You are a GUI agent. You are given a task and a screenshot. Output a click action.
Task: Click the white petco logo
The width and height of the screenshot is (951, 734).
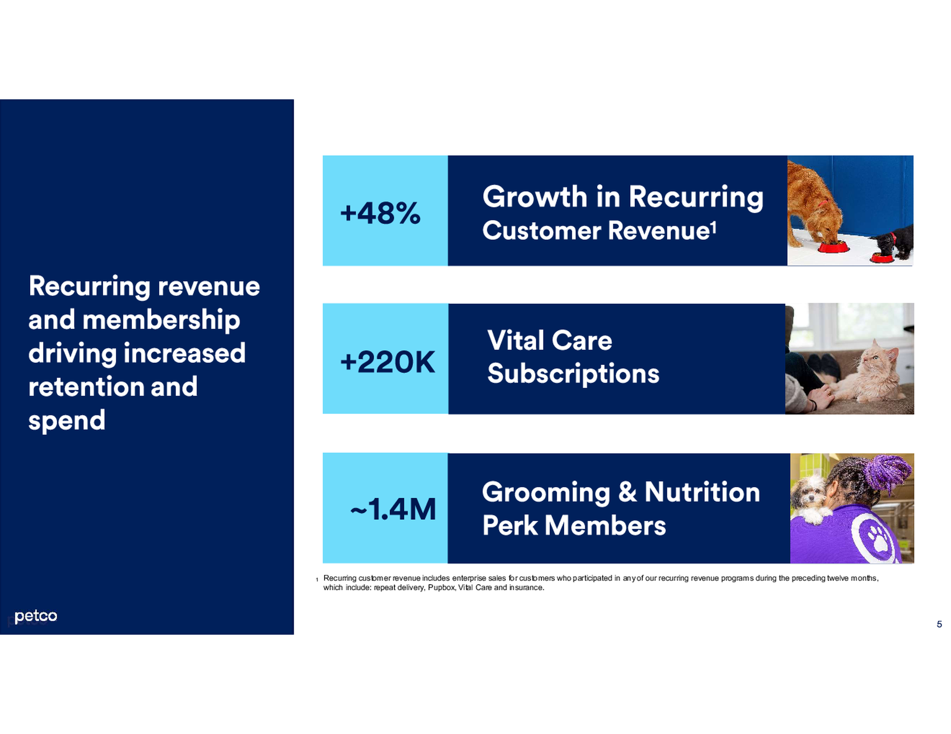(36, 616)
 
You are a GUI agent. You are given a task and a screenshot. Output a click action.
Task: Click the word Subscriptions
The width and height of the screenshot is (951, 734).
(573, 374)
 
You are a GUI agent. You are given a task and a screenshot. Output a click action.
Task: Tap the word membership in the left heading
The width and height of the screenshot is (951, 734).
(161, 320)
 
